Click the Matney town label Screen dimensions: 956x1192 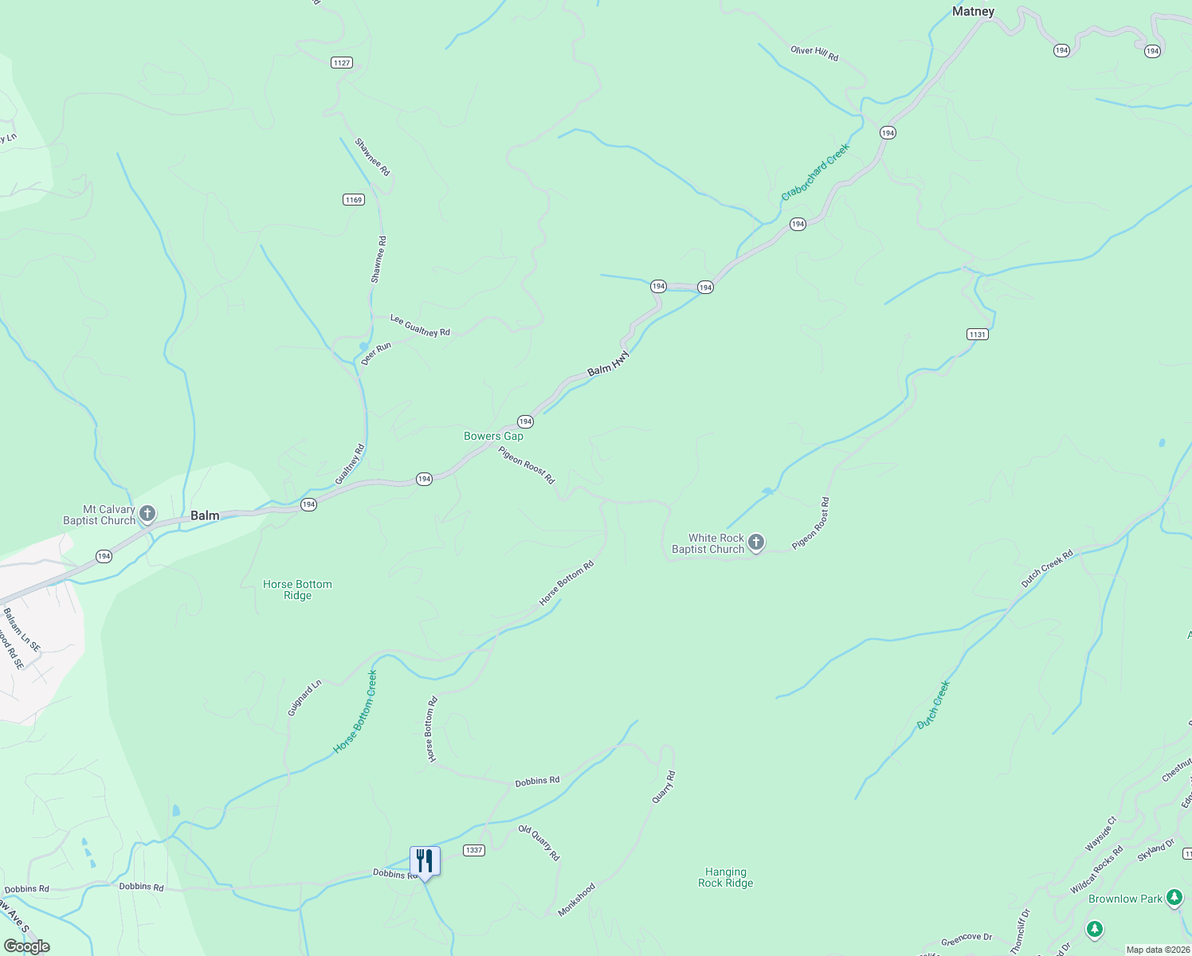tap(973, 11)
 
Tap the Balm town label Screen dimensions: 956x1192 tap(205, 515)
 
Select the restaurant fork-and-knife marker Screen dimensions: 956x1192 tap(425, 861)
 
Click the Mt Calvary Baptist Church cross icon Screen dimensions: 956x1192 tap(147, 514)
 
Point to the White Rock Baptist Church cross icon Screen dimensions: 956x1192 tap(756, 543)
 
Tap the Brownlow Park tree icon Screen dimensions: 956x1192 tap(1174, 898)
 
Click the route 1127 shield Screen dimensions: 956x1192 tap(342, 63)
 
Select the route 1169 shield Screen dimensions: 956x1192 tap(354, 200)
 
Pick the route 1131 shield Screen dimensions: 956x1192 tap(978, 335)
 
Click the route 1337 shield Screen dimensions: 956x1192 tap(474, 850)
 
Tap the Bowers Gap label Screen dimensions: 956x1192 tap(494, 436)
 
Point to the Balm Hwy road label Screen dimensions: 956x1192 tap(609, 365)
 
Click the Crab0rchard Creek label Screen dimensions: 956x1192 tap(815, 171)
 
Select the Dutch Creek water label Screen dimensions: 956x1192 tap(933, 704)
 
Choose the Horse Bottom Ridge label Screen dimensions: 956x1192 tap(297, 590)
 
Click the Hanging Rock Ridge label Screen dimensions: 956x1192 tap(725, 877)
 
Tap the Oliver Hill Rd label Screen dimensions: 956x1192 tap(814, 53)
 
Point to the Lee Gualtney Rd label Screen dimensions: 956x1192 tap(420, 326)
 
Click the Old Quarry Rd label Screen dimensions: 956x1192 tap(539, 843)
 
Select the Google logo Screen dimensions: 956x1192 tap(26, 946)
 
